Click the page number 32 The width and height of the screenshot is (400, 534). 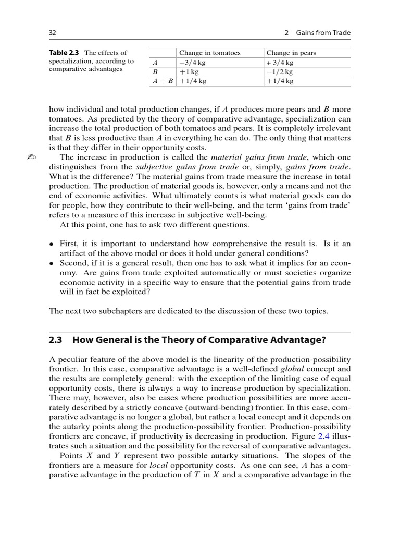tap(52, 33)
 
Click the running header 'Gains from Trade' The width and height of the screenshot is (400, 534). tap(323, 33)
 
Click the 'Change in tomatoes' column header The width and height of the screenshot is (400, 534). tap(209, 53)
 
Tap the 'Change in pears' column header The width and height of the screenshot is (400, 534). tap(291, 53)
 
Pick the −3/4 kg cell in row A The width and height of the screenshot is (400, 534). tap(192, 62)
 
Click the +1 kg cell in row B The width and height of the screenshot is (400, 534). tap(189, 71)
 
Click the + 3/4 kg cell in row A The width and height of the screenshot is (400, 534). tap(280, 62)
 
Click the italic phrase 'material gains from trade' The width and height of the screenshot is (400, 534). tap(252, 157)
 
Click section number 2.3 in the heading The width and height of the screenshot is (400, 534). tap(55, 341)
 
